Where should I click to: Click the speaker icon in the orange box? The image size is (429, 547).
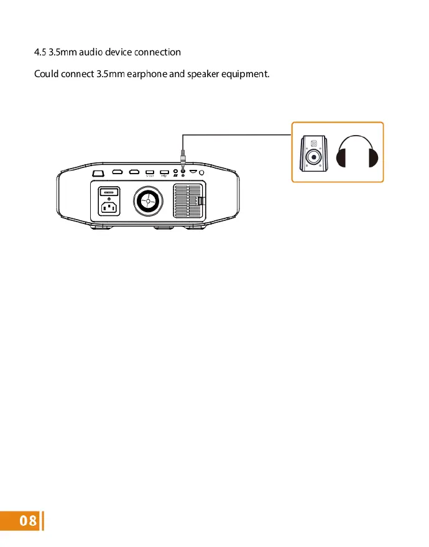314,152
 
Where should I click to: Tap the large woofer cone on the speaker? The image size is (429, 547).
314,159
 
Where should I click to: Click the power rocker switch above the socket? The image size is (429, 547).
109,192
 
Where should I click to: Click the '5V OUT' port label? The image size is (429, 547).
149,176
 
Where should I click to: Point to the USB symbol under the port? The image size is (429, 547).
164,176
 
